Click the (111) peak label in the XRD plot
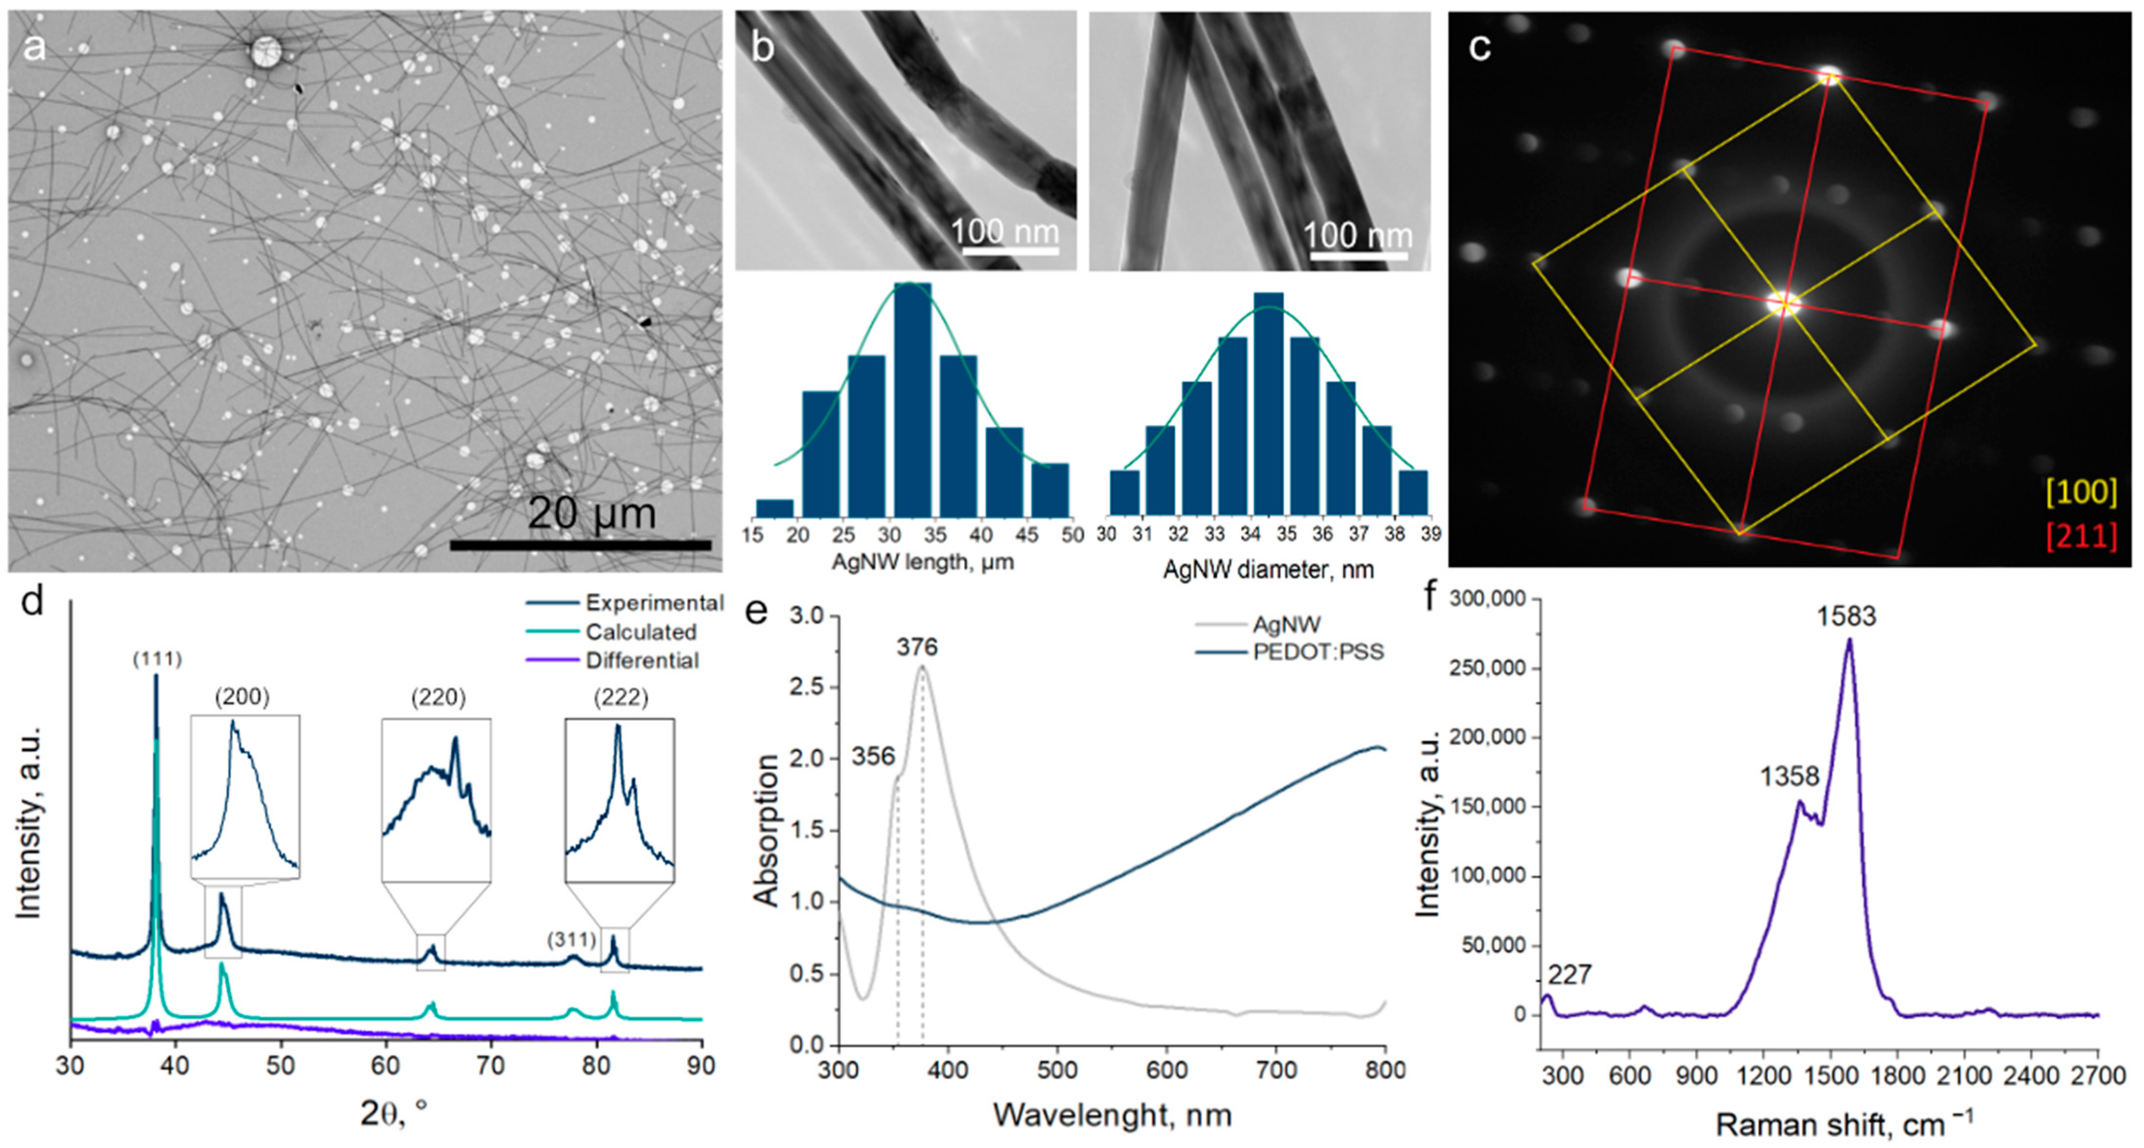pyautogui.click(x=157, y=659)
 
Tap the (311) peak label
pyautogui.click(x=572, y=939)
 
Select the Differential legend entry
pyautogui.click(x=642, y=660)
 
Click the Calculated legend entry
pyautogui.click(x=640, y=632)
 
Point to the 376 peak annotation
pyautogui.click(x=917, y=647)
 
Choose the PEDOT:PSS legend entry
pyautogui.click(x=1318, y=651)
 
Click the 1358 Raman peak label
pyautogui.click(x=1790, y=777)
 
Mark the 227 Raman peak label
pyautogui.click(x=1570, y=974)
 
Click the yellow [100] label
pyautogui.click(x=2081, y=492)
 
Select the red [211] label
pyautogui.click(x=2081, y=535)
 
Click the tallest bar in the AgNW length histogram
pyautogui.click(x=912, y=399)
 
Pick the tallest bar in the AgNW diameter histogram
pyautogui.click(x=1268, y=404)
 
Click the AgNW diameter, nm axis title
pyautogui.click(x=1268, y=570)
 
